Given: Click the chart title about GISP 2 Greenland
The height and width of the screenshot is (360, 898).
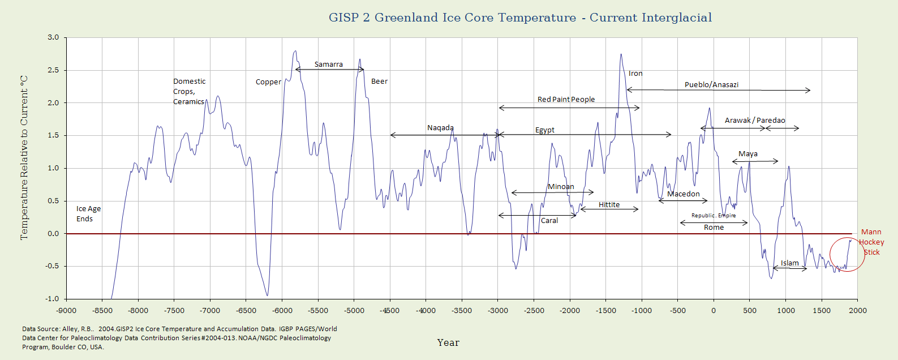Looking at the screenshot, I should [520, 18].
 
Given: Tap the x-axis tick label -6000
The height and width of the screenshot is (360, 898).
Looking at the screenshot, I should [282, 310].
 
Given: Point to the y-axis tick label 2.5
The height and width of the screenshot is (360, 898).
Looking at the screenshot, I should [53, 70].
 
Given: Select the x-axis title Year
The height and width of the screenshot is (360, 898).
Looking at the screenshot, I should [448, 342].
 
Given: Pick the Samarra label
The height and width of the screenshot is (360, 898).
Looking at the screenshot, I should [329, 65].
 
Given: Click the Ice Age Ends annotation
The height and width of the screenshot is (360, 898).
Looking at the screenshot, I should [88, 214].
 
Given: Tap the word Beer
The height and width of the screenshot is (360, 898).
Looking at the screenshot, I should [379, 82].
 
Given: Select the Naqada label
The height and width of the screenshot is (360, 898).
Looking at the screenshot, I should [440, 128].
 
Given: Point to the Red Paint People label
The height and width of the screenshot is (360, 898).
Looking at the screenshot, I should [566, 100].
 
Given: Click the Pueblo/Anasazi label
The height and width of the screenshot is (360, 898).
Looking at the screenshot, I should [711, 85].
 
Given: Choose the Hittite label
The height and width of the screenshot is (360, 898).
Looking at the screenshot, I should [609, 205].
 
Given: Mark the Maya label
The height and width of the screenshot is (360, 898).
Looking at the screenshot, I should [747, 154].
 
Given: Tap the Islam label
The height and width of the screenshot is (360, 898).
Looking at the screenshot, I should [789, 263].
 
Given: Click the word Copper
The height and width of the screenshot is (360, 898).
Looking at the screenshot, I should [268, 82].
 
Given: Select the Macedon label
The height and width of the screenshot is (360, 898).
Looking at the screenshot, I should [683, 194].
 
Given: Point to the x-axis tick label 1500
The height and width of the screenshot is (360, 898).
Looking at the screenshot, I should [822, 310].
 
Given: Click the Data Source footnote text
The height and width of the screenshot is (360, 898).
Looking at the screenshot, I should [179, 337].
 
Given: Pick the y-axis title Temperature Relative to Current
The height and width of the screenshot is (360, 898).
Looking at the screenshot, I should [24, 157].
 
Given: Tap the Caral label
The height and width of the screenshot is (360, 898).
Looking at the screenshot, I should [549, 221].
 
